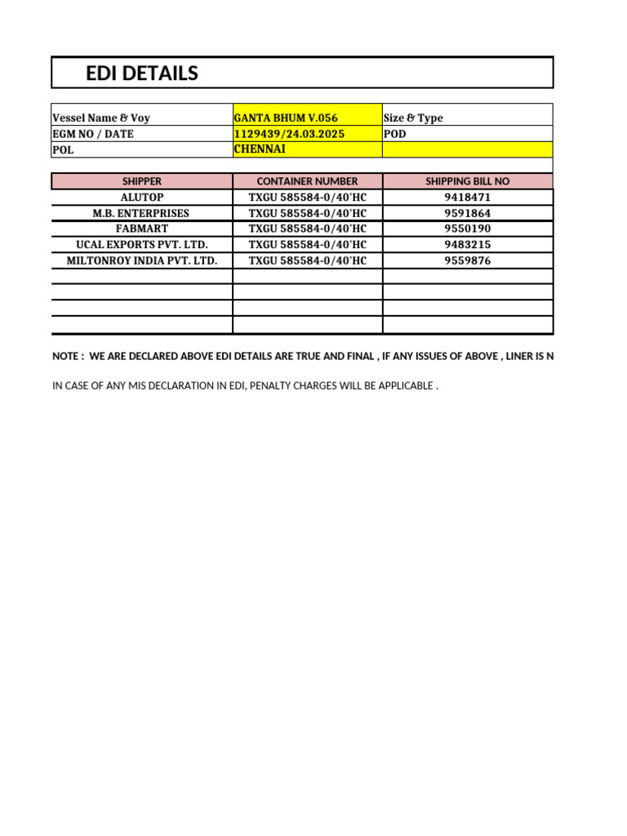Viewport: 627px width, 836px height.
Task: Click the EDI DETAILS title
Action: tap(142, 73)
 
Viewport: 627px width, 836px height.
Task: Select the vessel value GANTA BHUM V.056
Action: tap(286, 118)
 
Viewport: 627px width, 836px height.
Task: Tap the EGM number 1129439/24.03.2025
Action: tap(284, 134)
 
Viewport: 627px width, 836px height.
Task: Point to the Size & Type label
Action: tap(413, 118)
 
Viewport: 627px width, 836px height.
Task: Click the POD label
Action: tap(394, 134)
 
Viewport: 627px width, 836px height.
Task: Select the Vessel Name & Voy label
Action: tap(101, 118)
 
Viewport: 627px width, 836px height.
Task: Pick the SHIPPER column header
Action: tap(142, 181)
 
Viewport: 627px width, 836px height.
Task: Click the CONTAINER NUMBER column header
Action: tap(307, 181)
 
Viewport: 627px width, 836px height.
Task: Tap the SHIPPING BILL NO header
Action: tap(468, 181)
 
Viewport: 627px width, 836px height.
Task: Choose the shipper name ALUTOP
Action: tap(142, 198)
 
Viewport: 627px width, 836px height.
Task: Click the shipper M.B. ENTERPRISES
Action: tap(142, 213)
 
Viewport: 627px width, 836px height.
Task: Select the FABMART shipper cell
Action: tap(142, 229)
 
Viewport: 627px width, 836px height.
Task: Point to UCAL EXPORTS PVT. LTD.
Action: tap(142, 245)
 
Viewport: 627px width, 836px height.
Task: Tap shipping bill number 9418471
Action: tap(468, 198)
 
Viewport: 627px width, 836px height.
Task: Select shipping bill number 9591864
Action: tap(468, 213)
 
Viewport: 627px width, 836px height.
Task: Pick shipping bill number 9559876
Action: tap(468, 261)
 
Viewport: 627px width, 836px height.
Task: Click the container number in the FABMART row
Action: tap(307, 229)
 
